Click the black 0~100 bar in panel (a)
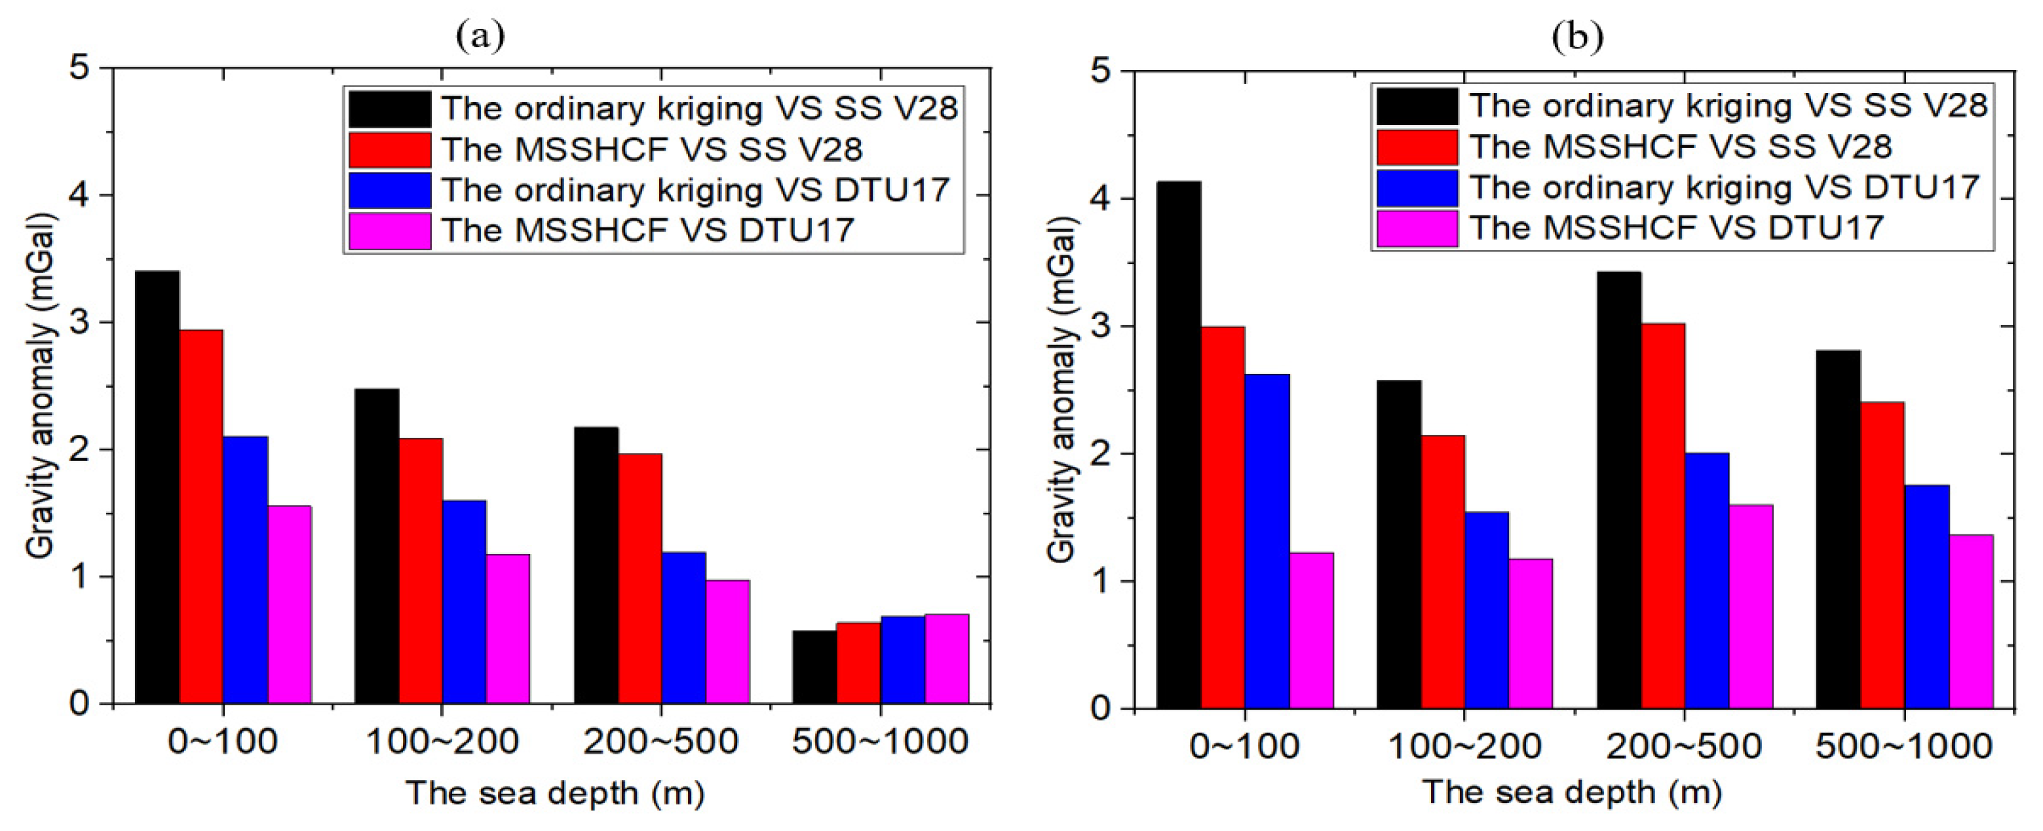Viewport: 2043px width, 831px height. pyautogui.click(x=157, y=488)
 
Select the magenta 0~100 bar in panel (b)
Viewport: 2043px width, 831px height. pyautogui.click(x=1311, y=631)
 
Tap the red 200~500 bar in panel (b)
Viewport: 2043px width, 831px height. pyautogui.click(x=1662, y=515)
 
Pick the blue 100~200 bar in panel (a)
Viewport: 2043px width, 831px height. pyautogui.click(x=464, y=602)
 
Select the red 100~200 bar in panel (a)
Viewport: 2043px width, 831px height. pyautogui.click(x=421, y=571)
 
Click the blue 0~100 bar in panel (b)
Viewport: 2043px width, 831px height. pyautogui.click(x=1267, y=541)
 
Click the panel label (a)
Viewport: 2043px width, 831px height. pyautogui.click(x=481, y=35)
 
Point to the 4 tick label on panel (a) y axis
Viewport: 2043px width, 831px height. pyautogui.click(x=79, y=195)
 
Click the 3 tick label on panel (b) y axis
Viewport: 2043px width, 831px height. pyautogui.click(x=1101, y=327)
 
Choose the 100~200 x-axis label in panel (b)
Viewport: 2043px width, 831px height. pyautogui.click(x=1464, y=746)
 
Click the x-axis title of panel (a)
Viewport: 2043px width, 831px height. pyautogui.click(x=555, y=793)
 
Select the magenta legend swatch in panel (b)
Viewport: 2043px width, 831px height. pyautogui.click(x=1417, y=229)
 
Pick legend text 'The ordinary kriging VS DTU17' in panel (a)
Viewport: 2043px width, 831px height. pyautogui.click(x=696, y=191)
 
